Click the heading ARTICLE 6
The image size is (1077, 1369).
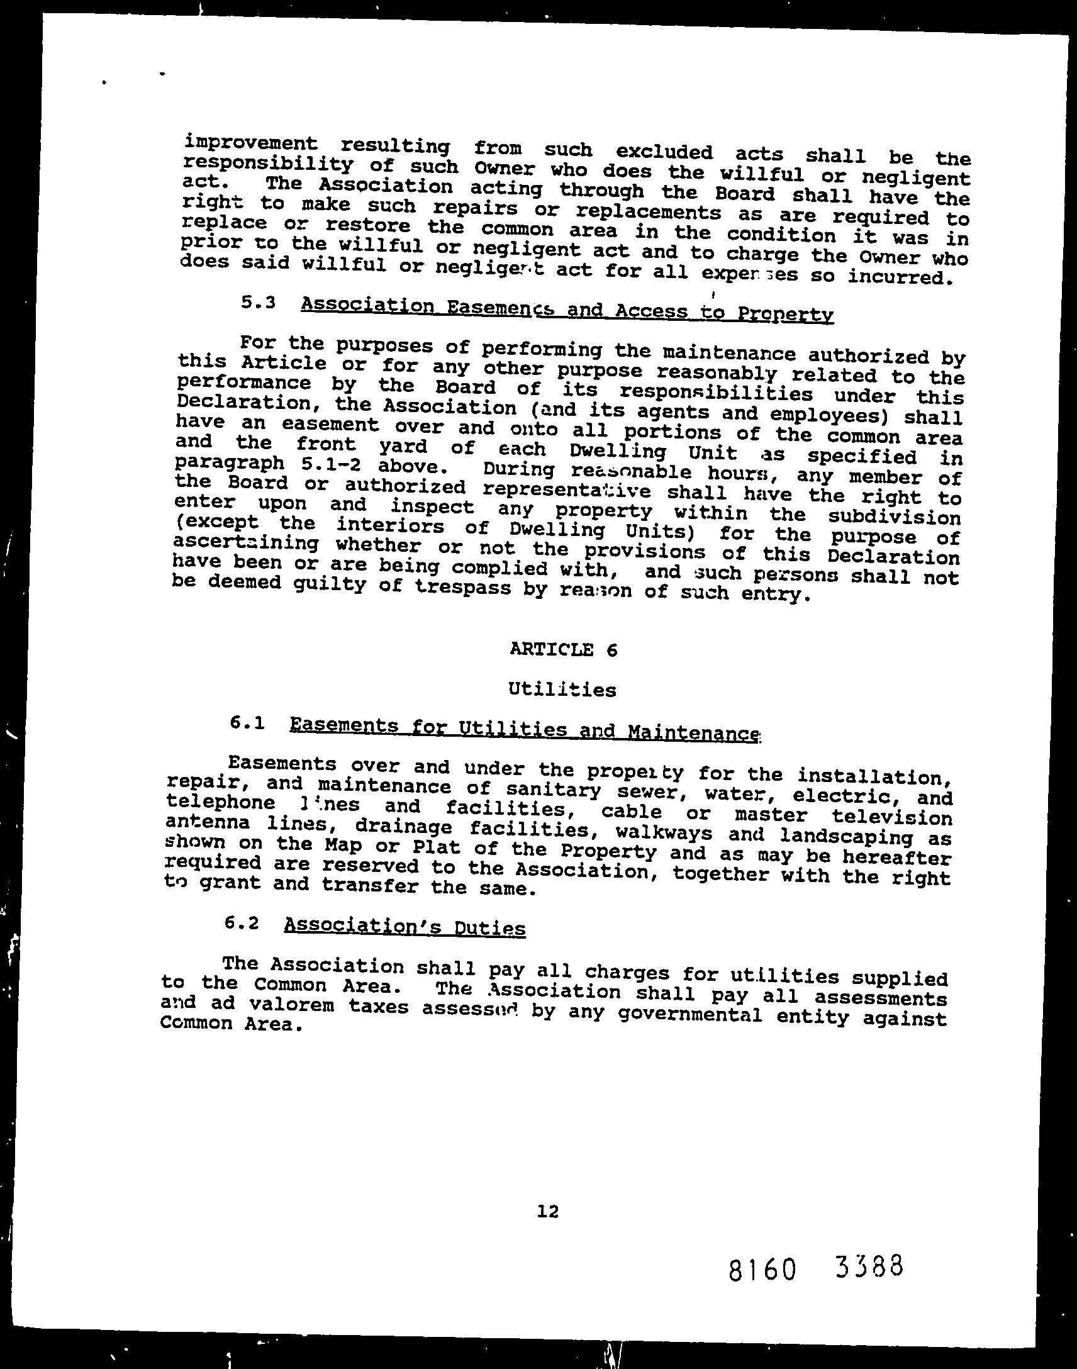tap(563, 649)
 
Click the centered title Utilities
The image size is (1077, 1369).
tap(562, 690)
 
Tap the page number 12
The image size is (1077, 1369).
tap(548, 1210)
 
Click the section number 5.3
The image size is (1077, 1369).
tap(259, 302)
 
